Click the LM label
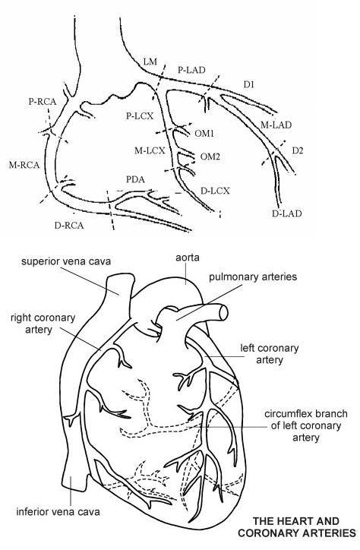(150, 62)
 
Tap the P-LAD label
(191, 70)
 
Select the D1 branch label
(249, 84)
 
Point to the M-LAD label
(276, 125)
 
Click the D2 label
(297, 151)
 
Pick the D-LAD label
(287, 213)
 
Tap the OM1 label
(204, 134)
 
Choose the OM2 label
(210, 156)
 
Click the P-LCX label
(140, 115)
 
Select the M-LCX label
(150, 151)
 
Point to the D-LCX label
(215, 191)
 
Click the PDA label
(135, 179)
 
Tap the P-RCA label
(43, 102)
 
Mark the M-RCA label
(24, 165)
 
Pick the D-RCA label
(69, 225)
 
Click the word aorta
(188, 258)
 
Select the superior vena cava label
(66, 261)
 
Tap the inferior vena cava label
(58, 512)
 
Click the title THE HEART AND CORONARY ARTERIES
(297, 527)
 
